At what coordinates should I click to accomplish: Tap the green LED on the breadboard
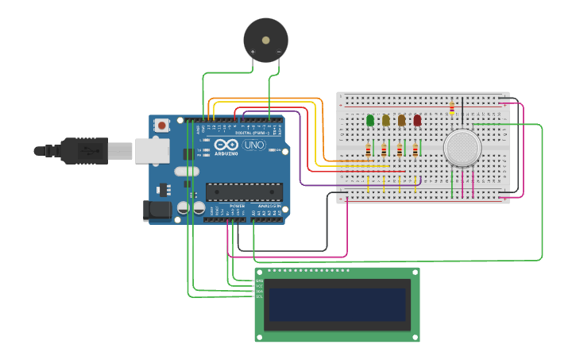pos(370,120)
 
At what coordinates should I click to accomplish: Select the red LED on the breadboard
pos(417,120)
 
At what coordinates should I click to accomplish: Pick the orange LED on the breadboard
pos(402,120)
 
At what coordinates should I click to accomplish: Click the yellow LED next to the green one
pos(386,120)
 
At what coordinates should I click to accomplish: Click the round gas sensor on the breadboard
pos(462,148)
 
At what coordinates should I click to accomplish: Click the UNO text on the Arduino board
pos(253,146)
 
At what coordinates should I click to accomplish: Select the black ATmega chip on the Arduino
pos(244,192)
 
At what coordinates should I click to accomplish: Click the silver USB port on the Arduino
pos(152,150)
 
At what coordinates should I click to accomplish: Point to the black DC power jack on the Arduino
pos(157,210)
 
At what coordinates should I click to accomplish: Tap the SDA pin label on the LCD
pos(259,291)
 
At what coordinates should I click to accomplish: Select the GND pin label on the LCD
pos(259,281)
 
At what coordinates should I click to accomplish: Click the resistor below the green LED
pos(368,150)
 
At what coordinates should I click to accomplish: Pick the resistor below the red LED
pos(415,150)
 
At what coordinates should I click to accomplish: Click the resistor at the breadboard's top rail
pos(452,107)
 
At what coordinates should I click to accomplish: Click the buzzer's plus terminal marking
pos(253,52)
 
